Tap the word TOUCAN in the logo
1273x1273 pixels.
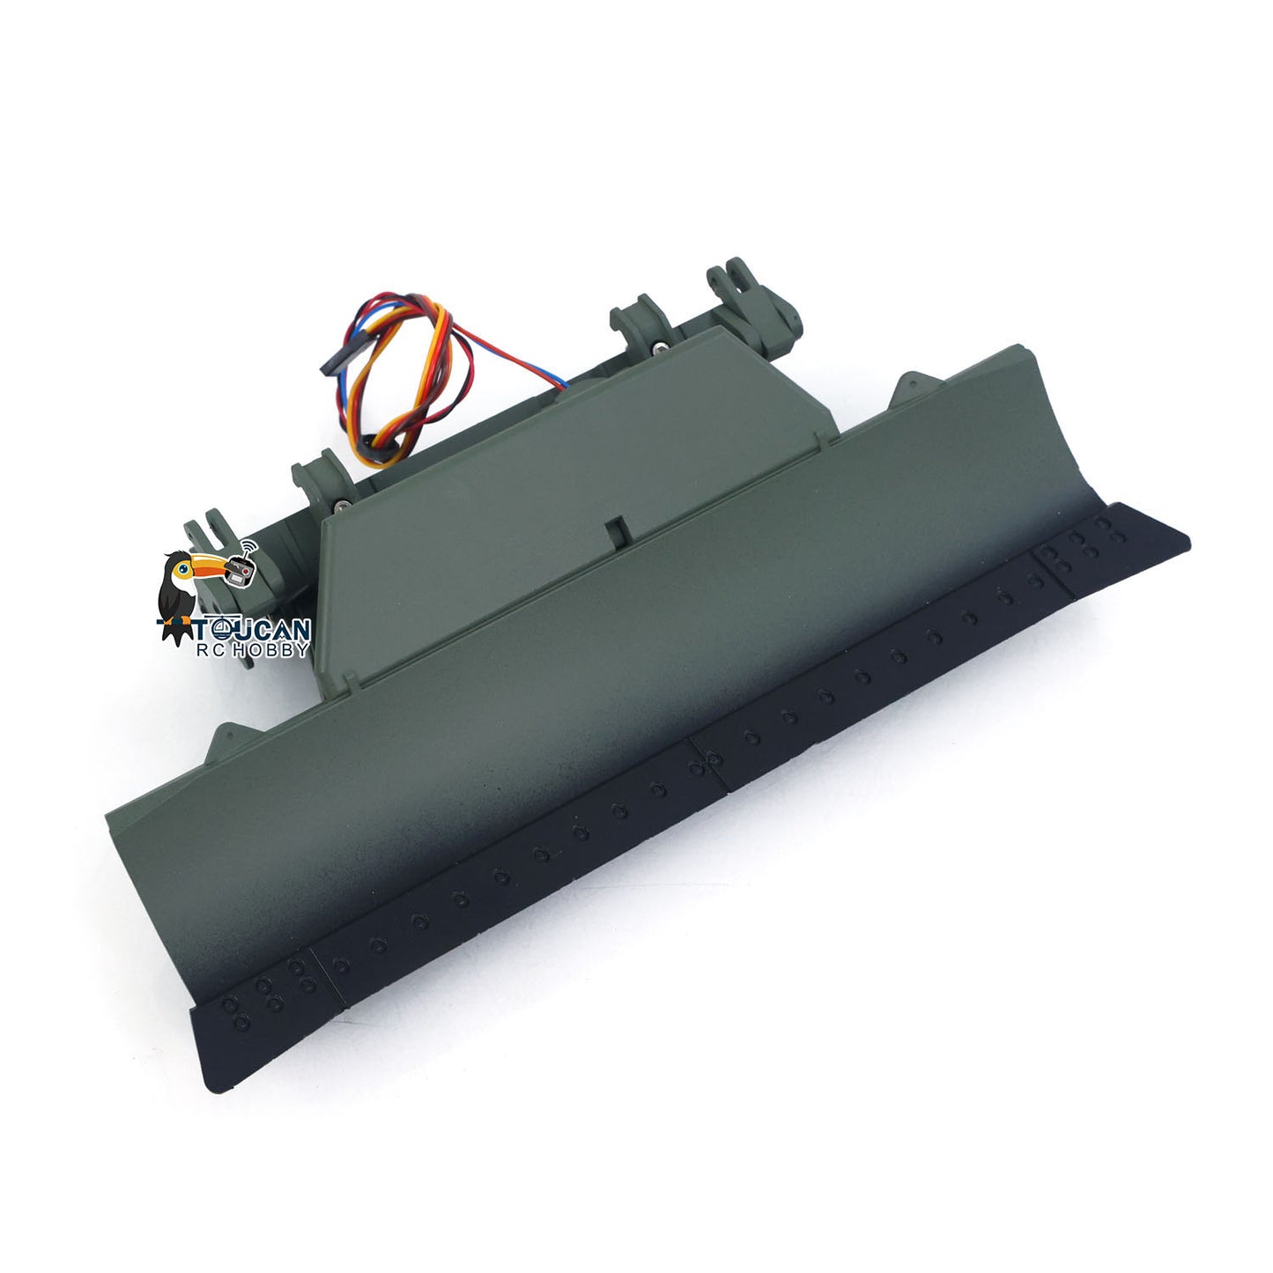[x=251, y=629]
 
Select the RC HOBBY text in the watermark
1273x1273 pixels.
[x=252, y=650]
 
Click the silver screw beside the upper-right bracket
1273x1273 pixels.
[x=659, y=351]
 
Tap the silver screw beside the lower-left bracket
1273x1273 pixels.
[x=341, y=506]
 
